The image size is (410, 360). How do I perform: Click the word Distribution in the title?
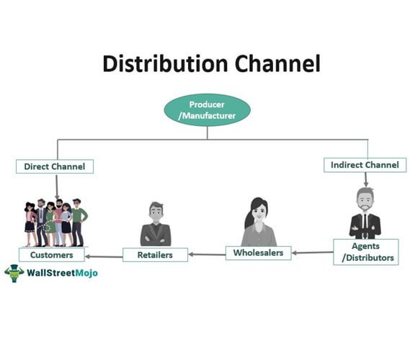pos(165,64)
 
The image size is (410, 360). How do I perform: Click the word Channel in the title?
pos(277,63)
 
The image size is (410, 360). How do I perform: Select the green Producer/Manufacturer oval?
pos(207,110)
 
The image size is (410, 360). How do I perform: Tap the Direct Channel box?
pos(55,166)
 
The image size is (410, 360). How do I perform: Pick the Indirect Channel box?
pos(365,165)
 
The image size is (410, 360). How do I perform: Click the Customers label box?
pos(52,255)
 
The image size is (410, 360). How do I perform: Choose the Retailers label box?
pos(155,255)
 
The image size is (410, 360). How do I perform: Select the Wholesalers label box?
pos(259,253)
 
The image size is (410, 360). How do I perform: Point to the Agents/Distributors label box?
pos(366,252)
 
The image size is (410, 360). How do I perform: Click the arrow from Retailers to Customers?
pos(104,257)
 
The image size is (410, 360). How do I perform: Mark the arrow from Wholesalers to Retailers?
pos(207,254)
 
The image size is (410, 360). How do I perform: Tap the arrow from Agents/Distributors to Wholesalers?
pos(313,253)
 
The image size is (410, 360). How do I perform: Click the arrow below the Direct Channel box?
pos(57,186)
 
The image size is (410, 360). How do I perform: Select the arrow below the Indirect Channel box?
pos(366,180)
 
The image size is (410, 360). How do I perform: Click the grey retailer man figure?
pos(156,224)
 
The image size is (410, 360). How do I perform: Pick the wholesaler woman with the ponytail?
pos(259,222)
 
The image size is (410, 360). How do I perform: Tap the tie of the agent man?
pos(365,225)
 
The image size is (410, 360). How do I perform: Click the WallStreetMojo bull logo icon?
pos(14,273)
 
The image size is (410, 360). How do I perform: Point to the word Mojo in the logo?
pos(86,274)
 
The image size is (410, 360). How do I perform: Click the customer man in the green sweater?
pos(78,222)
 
